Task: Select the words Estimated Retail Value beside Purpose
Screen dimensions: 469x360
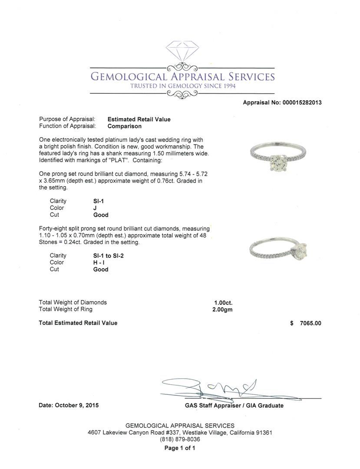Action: [139, 119]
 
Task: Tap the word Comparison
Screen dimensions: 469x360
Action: [125, 126]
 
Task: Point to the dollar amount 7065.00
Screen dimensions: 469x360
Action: [310, 323]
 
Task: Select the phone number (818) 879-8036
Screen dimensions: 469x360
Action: [180, 439]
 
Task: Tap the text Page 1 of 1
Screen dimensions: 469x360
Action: [180, 448]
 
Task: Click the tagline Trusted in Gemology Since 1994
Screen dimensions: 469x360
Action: [183, 86]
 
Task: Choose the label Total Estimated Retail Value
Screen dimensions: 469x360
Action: [78, 323]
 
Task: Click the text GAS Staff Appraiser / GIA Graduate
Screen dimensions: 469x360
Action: [234, 406]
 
